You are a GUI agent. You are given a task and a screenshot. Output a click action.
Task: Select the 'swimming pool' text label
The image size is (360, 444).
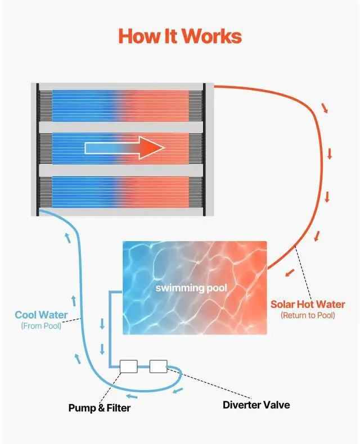192,288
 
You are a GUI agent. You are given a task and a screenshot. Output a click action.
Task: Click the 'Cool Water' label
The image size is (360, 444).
41,315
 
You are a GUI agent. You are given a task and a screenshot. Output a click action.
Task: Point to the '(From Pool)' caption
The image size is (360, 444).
41,326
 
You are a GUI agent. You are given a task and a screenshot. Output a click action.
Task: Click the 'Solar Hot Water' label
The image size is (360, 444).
308,305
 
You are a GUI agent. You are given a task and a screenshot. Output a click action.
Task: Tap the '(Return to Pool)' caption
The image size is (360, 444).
308,315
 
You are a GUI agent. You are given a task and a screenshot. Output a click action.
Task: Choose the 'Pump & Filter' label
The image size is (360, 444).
99,407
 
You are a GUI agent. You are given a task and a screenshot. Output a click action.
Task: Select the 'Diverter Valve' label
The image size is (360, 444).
256,405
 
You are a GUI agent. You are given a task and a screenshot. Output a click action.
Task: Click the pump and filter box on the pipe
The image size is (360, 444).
129,367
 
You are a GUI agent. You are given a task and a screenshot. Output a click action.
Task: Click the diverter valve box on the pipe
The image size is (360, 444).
158,367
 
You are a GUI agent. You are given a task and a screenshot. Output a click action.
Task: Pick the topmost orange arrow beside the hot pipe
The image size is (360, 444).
325,108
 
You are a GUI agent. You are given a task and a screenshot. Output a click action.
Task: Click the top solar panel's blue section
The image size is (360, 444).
84,104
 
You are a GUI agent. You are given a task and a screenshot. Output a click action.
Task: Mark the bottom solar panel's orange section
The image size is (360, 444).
157,192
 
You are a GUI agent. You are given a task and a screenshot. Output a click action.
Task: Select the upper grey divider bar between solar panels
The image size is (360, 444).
121,126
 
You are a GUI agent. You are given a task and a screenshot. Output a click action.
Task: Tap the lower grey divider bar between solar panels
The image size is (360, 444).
121,170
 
